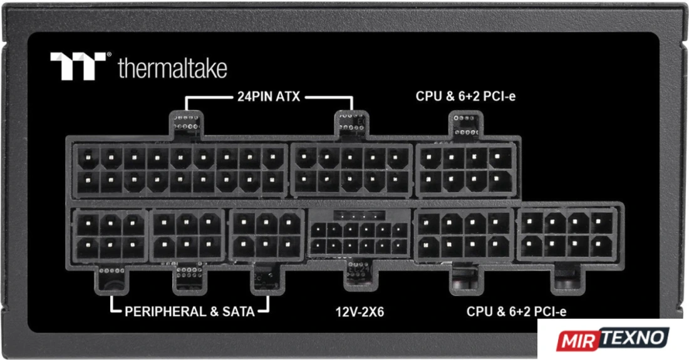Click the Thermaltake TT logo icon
pos(78,66)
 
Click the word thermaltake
pos(173,68)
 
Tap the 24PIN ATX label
pos(269,96)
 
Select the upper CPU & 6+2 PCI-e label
pos(465,96)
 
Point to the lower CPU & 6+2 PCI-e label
pos(516,311)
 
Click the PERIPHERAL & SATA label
pos(189,311)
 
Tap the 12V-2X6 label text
pos(360,312)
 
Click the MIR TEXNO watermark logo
pos(613,339)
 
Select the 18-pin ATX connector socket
pos(180,170)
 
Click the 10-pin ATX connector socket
pos(351,170)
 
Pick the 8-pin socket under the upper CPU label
pos(466,170)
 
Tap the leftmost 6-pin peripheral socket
pos(110,235)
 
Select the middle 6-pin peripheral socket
pos(187,235)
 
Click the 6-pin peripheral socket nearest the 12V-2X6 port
pos(266,235)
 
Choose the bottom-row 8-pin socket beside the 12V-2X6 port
pos(464,235)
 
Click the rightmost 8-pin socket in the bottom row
pos(567,235)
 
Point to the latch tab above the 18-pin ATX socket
pos(186,123)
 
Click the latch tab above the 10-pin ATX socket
pos(351,123)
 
